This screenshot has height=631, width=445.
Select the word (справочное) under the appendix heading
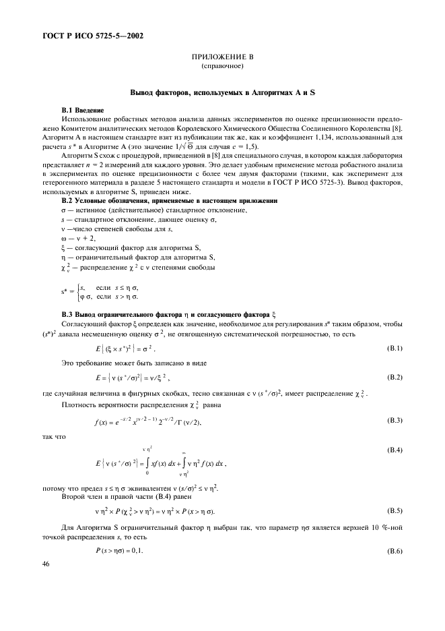tap(222, 67)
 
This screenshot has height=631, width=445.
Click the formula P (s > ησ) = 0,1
tap(118, 551)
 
